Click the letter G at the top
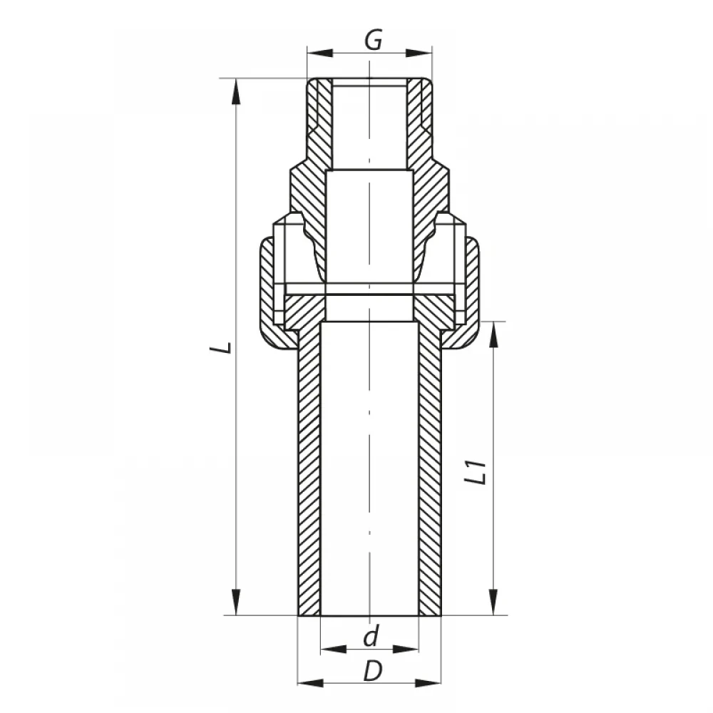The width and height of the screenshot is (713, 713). pyautogui.click(x=374, y=40)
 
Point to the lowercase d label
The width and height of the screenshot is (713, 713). pyautogui.click(x=371, y=636)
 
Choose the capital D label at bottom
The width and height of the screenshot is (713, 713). pyautogui.click(x=373, y=671)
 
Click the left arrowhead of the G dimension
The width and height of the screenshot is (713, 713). pyautogui.click(x=320, y=53)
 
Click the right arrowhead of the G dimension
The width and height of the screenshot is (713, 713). pyautogui.click(x=419, y=53)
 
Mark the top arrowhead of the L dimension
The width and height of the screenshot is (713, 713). pyautogui.click(x=236, y=92)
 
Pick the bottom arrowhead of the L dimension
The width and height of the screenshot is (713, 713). pyautogui.click(x=236, y=602)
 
